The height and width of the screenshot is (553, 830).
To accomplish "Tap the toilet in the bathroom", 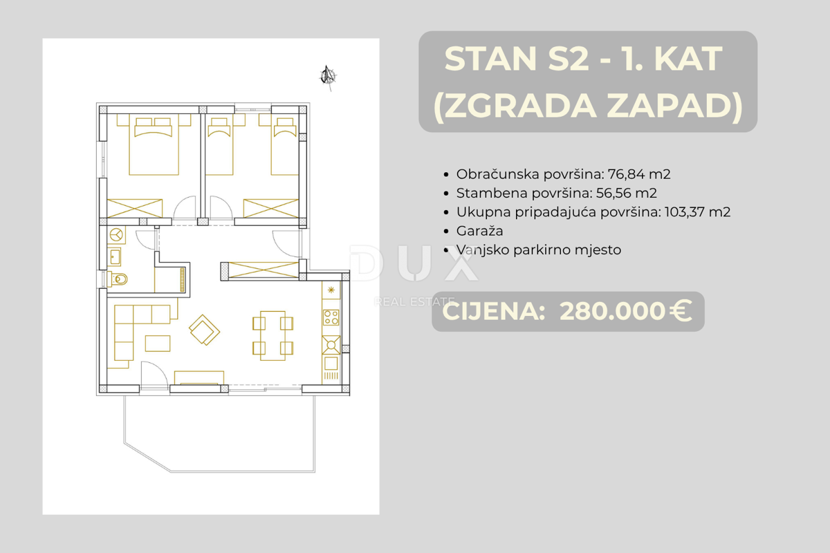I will pos(119,280).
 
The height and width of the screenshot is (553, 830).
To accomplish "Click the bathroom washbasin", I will pos(114,257).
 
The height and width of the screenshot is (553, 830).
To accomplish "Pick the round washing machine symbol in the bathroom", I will pos(115,234).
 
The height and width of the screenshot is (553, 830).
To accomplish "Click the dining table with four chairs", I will pos(273,335).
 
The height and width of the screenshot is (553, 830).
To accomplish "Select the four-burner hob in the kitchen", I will pos(331,318).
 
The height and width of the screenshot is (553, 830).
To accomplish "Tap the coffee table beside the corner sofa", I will pos(158,343).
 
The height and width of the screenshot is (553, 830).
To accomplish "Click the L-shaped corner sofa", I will pos(131,325).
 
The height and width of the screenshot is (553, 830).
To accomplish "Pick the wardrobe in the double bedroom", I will pos(135,208).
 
